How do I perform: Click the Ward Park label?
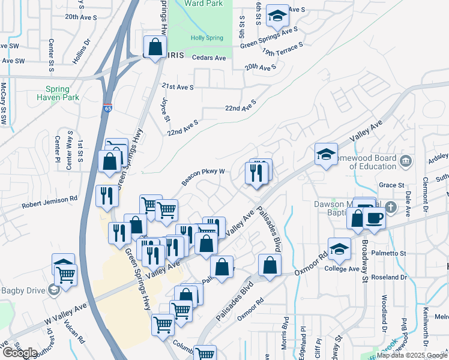point(203,4)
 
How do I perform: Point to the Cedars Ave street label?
point(209,58)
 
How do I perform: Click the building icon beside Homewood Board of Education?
point(406,161)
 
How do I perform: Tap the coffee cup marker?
point(373,217)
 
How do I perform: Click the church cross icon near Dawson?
point(391,208)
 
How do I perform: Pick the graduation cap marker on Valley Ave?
point(325,154)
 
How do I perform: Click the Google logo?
point(20,353)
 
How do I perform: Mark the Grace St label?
point(391,185)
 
